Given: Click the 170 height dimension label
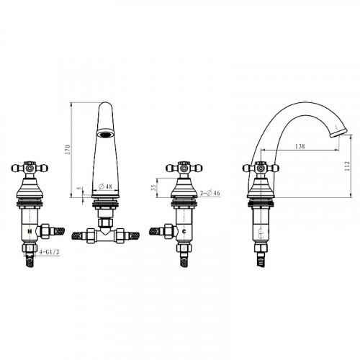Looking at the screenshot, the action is tap(68, 150).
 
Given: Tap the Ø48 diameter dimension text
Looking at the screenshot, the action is tap(105, 186).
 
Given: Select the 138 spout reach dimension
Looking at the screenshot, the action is tap(300, 146).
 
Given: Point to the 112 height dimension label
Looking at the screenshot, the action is tap(347, 166).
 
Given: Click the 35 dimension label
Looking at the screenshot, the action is tap(153, 187).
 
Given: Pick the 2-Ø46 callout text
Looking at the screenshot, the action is tap(210, 193).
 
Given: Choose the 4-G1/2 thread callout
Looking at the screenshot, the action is tap(49, 252).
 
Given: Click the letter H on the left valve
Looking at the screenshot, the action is tap(30, 232).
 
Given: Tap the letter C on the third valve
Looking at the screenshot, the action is tap(184, 232).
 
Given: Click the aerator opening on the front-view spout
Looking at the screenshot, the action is tap(105, 134).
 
